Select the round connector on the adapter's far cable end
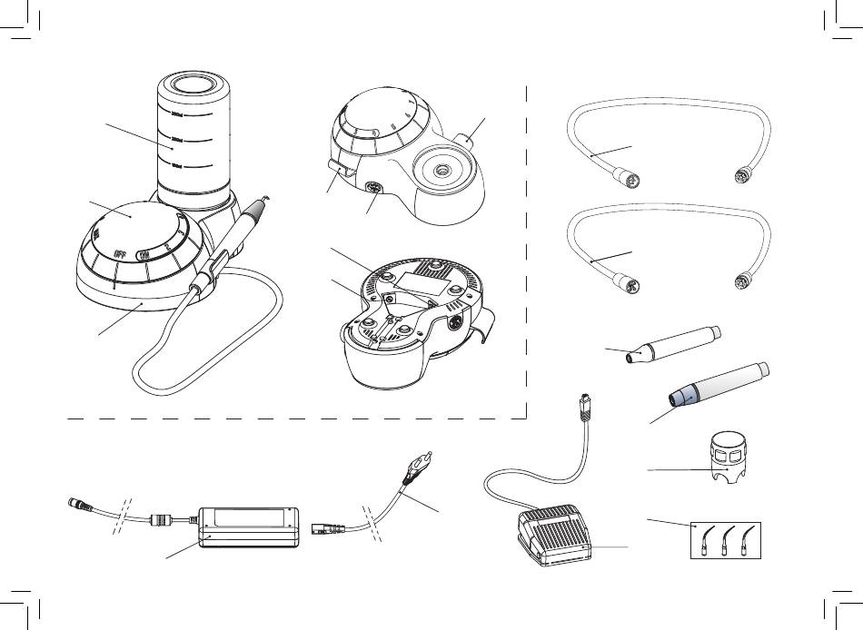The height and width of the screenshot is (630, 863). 74,502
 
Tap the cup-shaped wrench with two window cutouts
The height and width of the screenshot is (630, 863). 732,458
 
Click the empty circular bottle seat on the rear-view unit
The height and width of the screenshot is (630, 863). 442,170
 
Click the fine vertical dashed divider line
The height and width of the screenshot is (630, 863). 528,254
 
